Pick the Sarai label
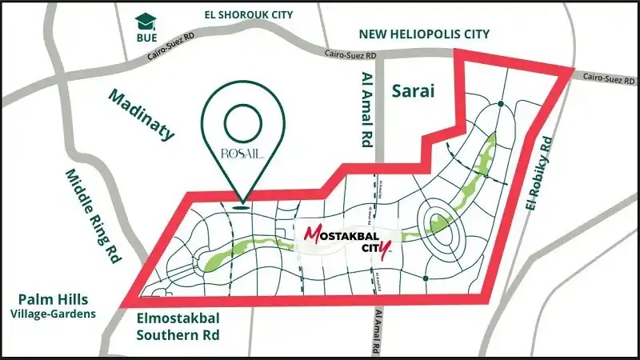413,91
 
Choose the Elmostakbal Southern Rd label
178,324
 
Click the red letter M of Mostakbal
311,234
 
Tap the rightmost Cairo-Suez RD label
609,80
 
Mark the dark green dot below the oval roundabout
426,278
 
